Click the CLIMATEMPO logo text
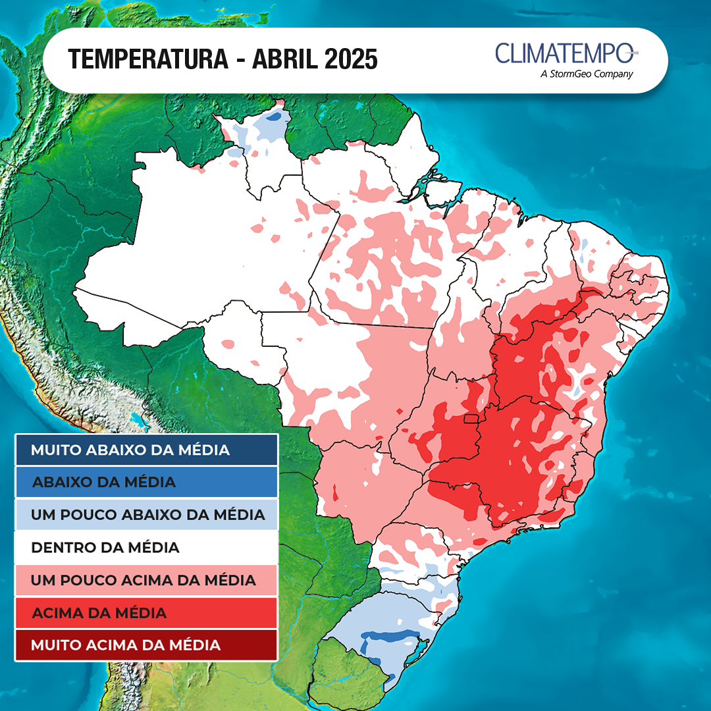[x=564, y=53]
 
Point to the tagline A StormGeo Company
[x=586, y=74]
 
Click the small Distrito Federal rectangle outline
[x=471, y=419]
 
